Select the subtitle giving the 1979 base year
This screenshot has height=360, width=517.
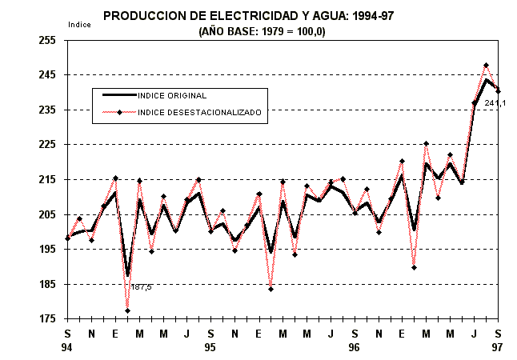pos(262,32)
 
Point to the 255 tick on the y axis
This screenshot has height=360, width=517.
pos(50,40)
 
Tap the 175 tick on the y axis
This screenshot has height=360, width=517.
pos(50,319)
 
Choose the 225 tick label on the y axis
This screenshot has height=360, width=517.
pos(50,145)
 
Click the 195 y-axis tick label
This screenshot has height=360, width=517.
pos(50,250)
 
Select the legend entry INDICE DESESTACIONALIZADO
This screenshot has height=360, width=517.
pos(199,113)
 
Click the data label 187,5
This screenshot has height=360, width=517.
pos(142,287)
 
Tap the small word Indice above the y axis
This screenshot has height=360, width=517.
pos(80,25)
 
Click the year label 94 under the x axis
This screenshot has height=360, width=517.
pos(68,347)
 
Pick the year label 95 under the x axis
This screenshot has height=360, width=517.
pos(211,347)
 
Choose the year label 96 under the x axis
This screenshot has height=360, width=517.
pos(355,347)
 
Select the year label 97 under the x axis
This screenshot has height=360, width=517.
pos(498,347)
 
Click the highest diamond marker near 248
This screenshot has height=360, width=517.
pos(486,66)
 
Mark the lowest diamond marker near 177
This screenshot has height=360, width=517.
pos(127,310)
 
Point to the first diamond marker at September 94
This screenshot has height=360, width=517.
pos(68,238)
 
